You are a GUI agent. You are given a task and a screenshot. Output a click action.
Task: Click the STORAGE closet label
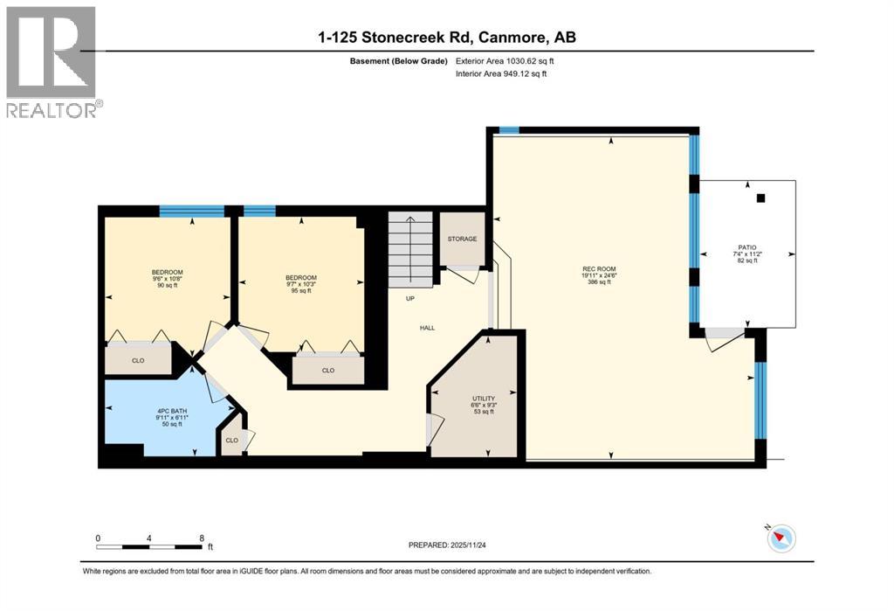click(462, 239)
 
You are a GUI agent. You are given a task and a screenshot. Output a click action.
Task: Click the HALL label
click(427, 328)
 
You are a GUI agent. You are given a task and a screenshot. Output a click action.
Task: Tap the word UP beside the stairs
click(409, 299)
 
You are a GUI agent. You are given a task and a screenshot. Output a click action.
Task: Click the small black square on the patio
click(761, 198)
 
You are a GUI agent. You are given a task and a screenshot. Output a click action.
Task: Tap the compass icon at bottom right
click(781, 538)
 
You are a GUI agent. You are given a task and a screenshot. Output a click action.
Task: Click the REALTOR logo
click(52, 61)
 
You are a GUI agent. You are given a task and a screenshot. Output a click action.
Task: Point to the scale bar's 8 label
click(202, 538)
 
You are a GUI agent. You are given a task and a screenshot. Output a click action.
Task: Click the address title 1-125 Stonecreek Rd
click(446, 37)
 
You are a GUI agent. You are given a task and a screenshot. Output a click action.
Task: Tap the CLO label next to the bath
click(231, 441)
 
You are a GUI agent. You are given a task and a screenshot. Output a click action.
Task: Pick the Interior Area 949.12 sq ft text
click(502, 74)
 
